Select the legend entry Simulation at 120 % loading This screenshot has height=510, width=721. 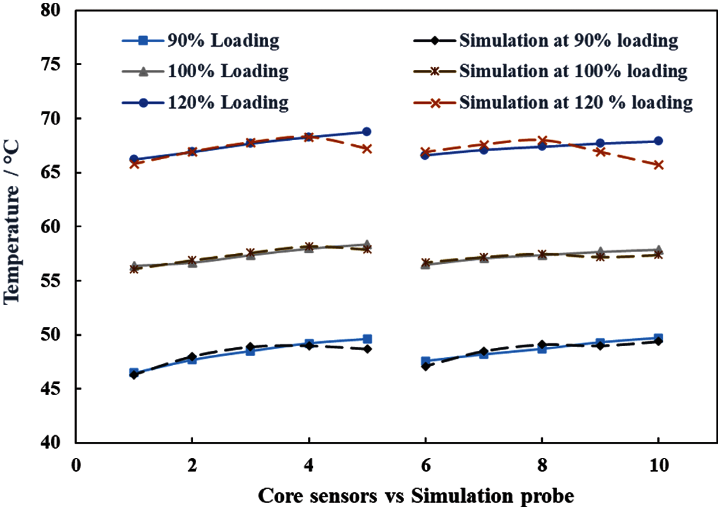tap(576, 102)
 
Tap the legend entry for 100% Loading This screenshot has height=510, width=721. tap(228, 72)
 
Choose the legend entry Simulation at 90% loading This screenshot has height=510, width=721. tap(568, 41)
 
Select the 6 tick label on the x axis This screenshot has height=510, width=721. tap(425, 465)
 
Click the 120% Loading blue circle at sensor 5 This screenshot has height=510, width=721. tap(366, 132)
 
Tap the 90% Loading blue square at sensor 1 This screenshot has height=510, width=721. tap(134, 373)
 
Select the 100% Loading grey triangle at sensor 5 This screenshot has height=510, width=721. tap(366, 245)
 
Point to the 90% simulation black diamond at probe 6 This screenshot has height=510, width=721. tap(425, 366)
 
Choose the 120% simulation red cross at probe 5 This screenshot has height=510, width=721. tap(366, 148)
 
